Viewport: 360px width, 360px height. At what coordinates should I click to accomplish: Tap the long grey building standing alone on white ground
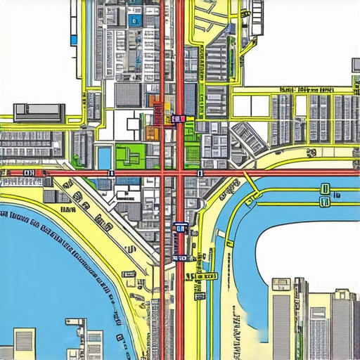tap(39, 110)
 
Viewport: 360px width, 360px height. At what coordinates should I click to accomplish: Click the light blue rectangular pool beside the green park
tap(105, 157)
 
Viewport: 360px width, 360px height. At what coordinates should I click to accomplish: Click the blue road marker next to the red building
tap(179, 120)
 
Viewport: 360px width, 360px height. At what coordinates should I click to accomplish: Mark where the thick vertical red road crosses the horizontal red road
tap(179, 172)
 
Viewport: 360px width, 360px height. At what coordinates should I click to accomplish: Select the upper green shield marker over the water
tap(325, 188)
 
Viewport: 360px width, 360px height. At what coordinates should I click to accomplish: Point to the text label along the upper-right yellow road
tap(306, 90)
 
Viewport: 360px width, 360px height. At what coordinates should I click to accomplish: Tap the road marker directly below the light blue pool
tap(110, 172)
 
